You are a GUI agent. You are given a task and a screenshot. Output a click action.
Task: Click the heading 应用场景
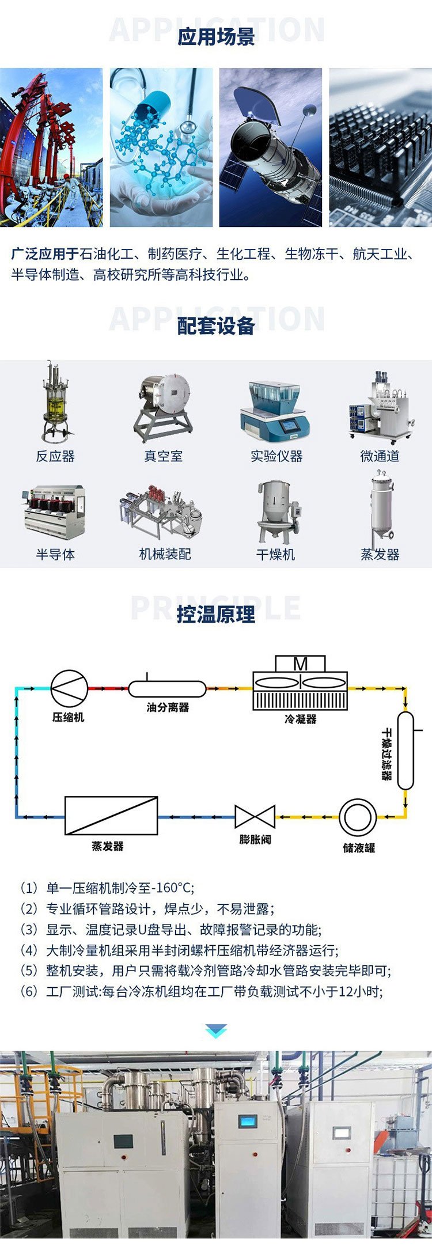tap(216, 37)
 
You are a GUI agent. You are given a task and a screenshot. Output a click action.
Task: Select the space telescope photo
tap(271, 147)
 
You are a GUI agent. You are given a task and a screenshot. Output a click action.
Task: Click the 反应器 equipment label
tap(55, 456)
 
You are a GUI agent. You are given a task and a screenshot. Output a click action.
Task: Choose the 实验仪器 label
tap(276, 456)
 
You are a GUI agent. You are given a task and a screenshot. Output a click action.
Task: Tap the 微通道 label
tap(380, 456)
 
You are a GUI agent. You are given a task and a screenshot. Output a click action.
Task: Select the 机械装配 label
tap(165, 554)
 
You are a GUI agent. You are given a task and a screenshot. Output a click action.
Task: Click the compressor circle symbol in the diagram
tap(69, 688)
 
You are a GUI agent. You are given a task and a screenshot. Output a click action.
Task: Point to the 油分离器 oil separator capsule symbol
tap(167, 689)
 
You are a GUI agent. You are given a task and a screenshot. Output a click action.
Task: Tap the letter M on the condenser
tap(300, 664)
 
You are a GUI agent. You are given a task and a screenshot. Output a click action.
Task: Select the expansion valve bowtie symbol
tap(255, 817)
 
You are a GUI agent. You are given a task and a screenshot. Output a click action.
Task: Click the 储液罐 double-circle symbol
tap(358, 817)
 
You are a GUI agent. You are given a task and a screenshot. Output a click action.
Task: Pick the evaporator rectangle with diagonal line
tap(111, 816)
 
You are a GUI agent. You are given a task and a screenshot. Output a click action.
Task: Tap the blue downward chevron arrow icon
tap(216, 1031)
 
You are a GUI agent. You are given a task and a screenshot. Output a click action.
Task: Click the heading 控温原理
tap(216, 615)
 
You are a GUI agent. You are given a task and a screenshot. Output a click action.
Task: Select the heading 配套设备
tap(216, 326)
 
